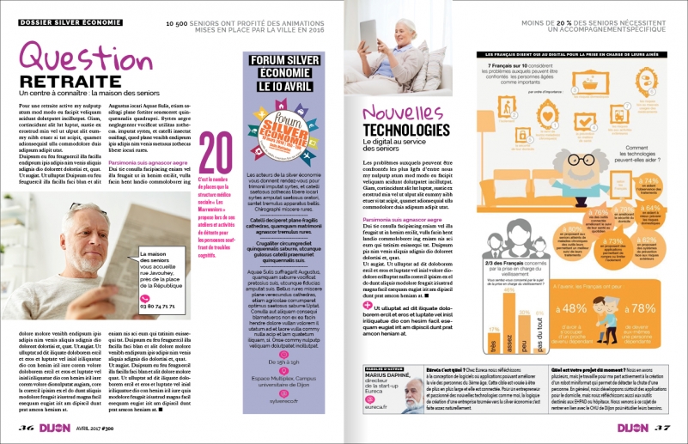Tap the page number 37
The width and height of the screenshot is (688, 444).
coord(661,426)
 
